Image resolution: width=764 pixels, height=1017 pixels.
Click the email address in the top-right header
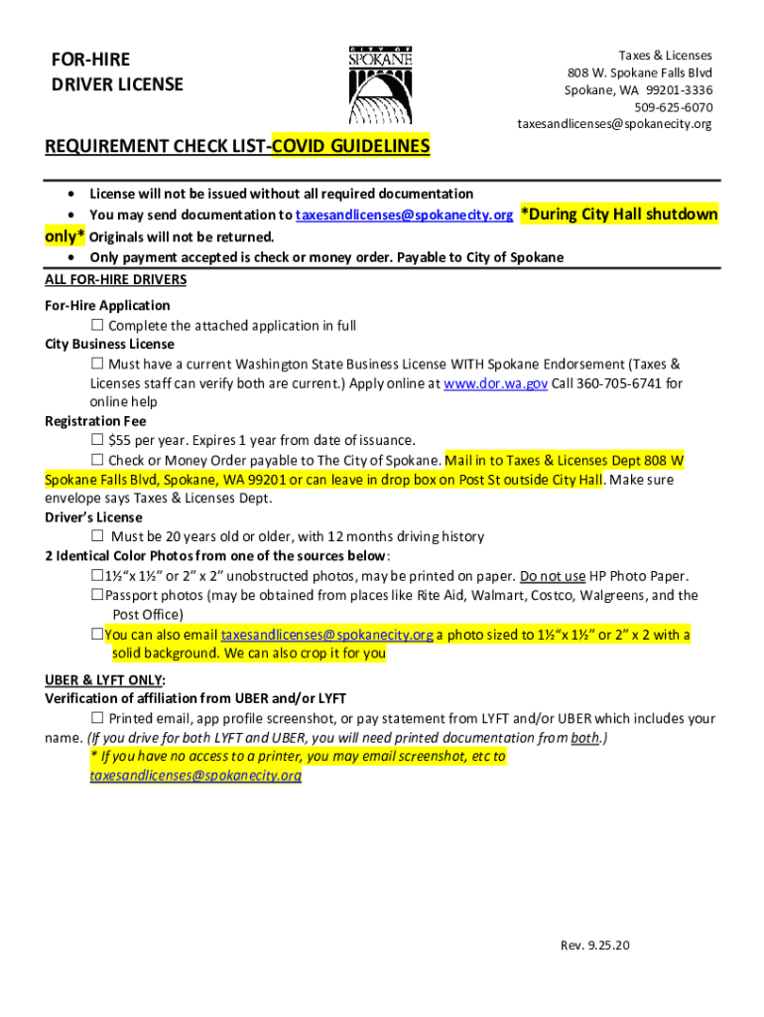[x=614, y=124]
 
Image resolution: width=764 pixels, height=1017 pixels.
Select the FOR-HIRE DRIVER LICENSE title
[x=117, y=73]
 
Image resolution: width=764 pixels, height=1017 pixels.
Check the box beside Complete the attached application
[x=97, y=326]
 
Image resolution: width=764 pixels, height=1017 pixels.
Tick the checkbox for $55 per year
[x=97, y=440]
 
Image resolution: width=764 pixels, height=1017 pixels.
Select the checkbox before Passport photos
[x=97, y=596]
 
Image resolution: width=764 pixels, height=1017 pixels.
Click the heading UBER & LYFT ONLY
[x=104, y=679]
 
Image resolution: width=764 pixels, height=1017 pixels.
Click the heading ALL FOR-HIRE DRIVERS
[x=115, y=279]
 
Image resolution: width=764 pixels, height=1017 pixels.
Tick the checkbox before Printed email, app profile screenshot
[x=97, y=718]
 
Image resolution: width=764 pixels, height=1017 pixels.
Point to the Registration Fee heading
[x=95, y=421]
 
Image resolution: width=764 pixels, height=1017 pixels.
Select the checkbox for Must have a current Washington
[x=97, y=364]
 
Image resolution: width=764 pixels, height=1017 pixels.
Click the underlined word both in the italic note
[x=583, y=738]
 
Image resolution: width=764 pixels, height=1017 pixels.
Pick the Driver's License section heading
[x=93, y=517]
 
